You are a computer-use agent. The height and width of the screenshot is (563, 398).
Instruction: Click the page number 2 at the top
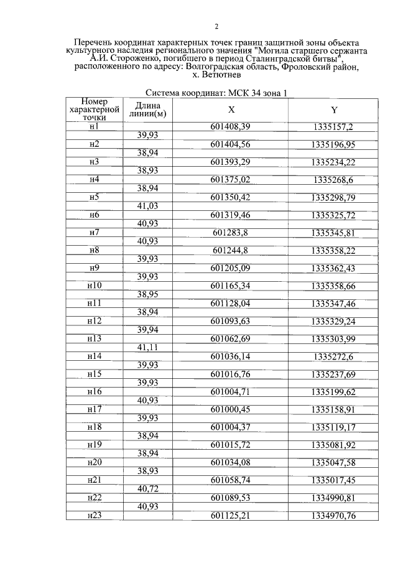216,26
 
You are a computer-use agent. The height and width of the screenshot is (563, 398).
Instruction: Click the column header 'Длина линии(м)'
148,110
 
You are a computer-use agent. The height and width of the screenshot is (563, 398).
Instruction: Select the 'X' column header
231,110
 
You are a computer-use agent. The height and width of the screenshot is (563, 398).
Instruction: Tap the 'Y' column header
334,110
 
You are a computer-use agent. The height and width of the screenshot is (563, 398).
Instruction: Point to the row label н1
95,126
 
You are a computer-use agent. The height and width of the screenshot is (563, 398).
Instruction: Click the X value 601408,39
230,126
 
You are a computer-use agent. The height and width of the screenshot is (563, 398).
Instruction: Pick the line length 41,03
148,205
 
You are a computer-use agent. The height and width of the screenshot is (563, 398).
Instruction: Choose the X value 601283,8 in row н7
230,233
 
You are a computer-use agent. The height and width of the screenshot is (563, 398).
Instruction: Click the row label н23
95,516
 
